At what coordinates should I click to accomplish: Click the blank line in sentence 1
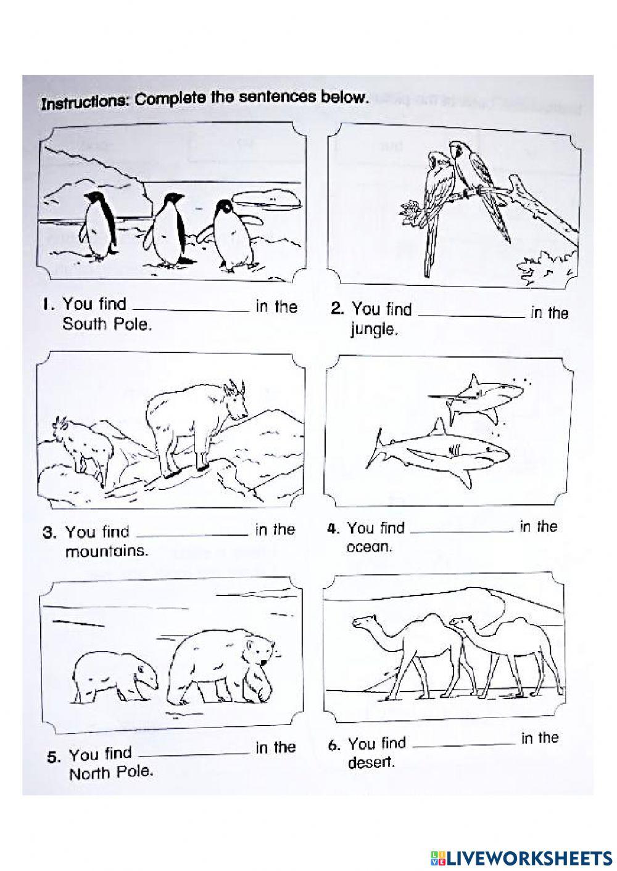click(190, 311)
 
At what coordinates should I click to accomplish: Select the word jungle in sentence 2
click(373, 330)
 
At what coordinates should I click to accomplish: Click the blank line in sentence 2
click(471, 316)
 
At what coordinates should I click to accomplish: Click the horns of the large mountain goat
click(235, 388)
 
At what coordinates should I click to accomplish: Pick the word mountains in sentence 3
click(107, 551)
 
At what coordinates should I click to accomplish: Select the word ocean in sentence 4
click(369, 547)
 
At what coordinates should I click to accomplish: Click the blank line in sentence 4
click(462, 531)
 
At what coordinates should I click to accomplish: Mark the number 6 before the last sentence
click(334, 745)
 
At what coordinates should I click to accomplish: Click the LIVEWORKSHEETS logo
click(518, 858)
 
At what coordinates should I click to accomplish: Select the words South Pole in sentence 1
click(106, 324)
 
